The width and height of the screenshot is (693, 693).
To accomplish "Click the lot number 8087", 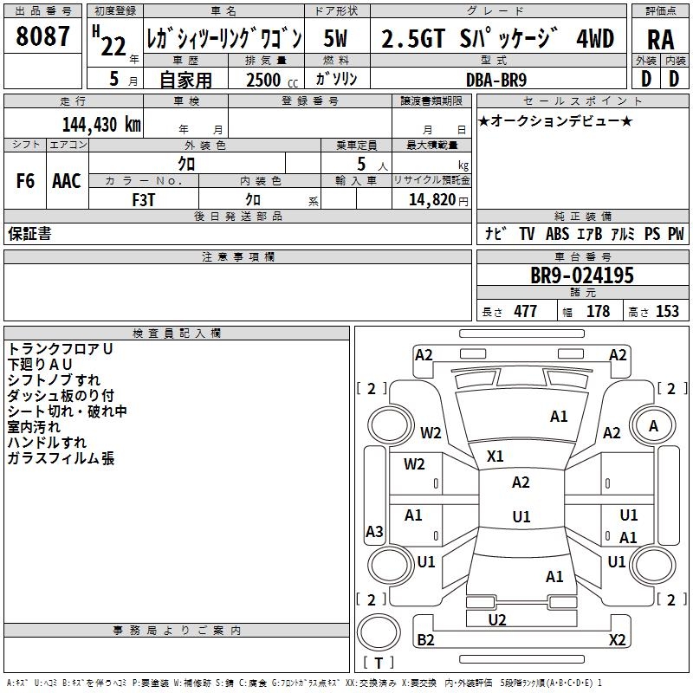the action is [x=42, y=37].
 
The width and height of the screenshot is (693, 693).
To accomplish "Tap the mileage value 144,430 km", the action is [x=101, y=123].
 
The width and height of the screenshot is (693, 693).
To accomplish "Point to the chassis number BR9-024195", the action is [x=582, y=275].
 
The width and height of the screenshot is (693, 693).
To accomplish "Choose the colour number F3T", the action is [x=144, y=199].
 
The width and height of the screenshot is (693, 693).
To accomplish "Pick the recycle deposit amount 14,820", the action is [x=430, y=199].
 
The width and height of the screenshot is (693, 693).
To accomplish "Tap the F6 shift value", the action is [x=25, y=181].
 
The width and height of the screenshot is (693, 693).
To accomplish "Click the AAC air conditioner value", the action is [x=67, y=181].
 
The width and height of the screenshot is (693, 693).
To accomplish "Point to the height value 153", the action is [x=667, y=312].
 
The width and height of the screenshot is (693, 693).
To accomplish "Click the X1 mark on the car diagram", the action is [x=495, y=456].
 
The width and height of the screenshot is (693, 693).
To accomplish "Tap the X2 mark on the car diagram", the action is [x=617, y=640].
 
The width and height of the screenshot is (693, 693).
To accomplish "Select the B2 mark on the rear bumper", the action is [x=425, y=640].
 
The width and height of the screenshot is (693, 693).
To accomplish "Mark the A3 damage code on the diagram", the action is [x=374, y=532].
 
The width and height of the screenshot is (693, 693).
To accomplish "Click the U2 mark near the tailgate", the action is [x=497, y=619].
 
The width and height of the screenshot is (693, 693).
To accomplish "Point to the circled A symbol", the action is [x=653, y=425].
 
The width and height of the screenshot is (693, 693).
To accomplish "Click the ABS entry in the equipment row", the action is [x=557, y=234].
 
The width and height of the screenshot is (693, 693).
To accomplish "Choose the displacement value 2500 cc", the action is [x=266, y=79].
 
